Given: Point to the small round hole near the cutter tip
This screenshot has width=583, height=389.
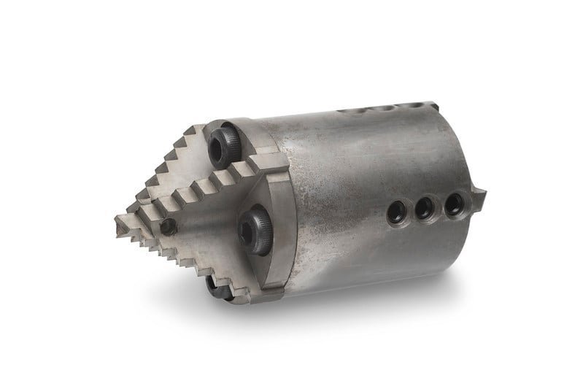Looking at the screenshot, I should pos(168,226).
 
